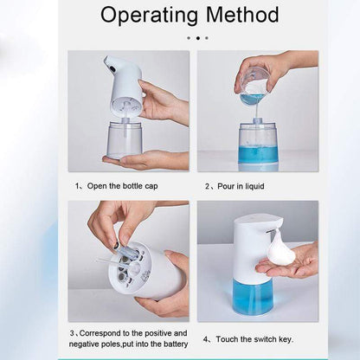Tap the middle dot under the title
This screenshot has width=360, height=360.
coord(197,38)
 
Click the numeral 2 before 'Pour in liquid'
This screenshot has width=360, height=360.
coord(208,185)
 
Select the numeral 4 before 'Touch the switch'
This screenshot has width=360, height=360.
coord(206,338)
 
